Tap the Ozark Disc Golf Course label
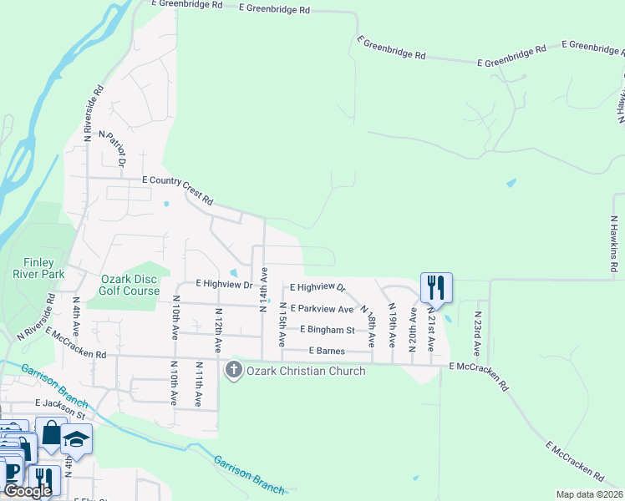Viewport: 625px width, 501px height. tap(130, 285)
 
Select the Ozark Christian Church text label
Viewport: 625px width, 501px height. tap(306, 371)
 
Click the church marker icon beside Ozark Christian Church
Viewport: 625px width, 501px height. tap(233, 370)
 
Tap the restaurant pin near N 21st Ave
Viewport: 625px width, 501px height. tap(435, 288)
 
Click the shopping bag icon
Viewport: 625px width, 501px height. tap(50, 433)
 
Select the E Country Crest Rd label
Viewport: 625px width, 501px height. tap(178, 190)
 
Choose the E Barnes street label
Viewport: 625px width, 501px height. tap(327, 351)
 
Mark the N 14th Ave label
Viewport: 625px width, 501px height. tap(263, 289)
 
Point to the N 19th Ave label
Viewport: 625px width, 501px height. tap(392, 325)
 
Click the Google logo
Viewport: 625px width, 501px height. tap(27, 491)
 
